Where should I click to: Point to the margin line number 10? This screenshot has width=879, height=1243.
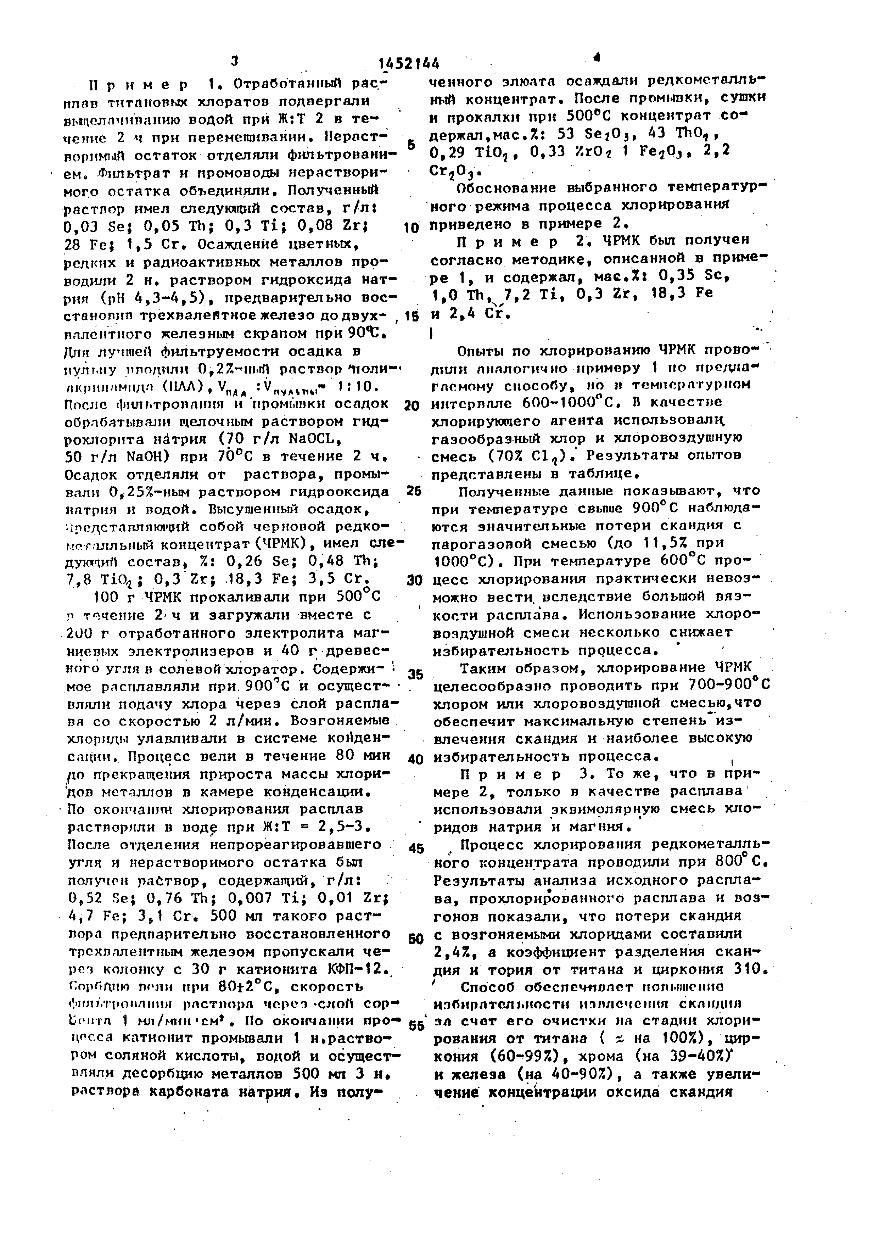[x=411, y=228]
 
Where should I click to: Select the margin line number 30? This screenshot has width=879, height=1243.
[x=414, y=580]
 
